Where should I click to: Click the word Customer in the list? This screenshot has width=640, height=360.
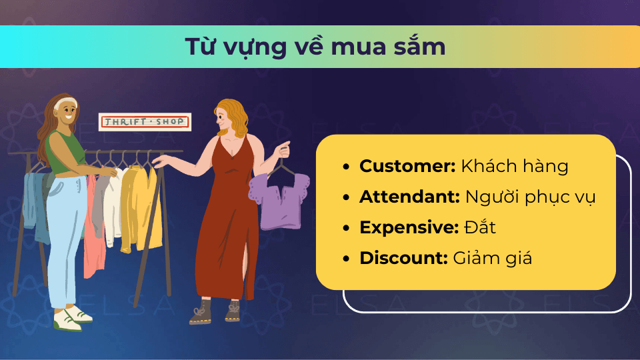click(407, 166)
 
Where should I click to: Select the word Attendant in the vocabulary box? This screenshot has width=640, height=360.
click(409, 197)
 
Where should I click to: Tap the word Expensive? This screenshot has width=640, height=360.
click(409, 228)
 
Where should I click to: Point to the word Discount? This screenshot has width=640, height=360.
click(403, 258)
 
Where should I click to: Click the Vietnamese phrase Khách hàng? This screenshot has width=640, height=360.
click(515, 166)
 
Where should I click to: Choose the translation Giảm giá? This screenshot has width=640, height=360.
click(492, 259)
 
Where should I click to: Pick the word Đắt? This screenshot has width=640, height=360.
click(480, 227)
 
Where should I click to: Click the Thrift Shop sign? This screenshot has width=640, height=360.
click(145, 121)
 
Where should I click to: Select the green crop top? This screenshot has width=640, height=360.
click(64, 152)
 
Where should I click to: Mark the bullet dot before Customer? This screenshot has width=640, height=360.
click(346, 167)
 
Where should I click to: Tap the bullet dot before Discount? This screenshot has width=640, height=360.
click(346, 259)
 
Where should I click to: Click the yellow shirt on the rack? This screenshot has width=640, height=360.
click(140, 208)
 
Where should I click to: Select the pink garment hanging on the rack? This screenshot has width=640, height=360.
click(93, 229)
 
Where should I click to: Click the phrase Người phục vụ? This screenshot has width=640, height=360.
click(530, 197)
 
